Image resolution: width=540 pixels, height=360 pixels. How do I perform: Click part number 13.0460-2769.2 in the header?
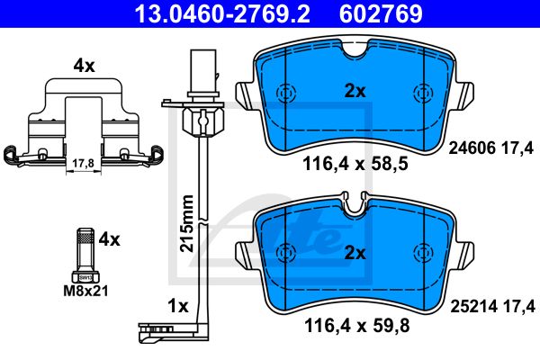point(222,13)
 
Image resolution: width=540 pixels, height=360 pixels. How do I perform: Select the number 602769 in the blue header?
point(381,13)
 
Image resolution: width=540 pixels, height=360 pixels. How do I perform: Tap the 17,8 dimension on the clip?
point(83,163)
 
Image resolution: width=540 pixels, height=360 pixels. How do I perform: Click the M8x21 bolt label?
point(85,291)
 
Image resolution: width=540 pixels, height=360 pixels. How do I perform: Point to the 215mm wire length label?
point(187,223)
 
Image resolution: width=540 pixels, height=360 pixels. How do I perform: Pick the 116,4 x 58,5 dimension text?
point(355,164)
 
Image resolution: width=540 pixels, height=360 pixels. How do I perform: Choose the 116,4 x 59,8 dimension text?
point(357,326)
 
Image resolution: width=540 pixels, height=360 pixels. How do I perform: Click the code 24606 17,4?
point(491,148)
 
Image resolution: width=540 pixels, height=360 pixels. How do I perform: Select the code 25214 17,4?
point(493,306)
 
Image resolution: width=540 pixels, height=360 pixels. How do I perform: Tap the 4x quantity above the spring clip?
point(84,66)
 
